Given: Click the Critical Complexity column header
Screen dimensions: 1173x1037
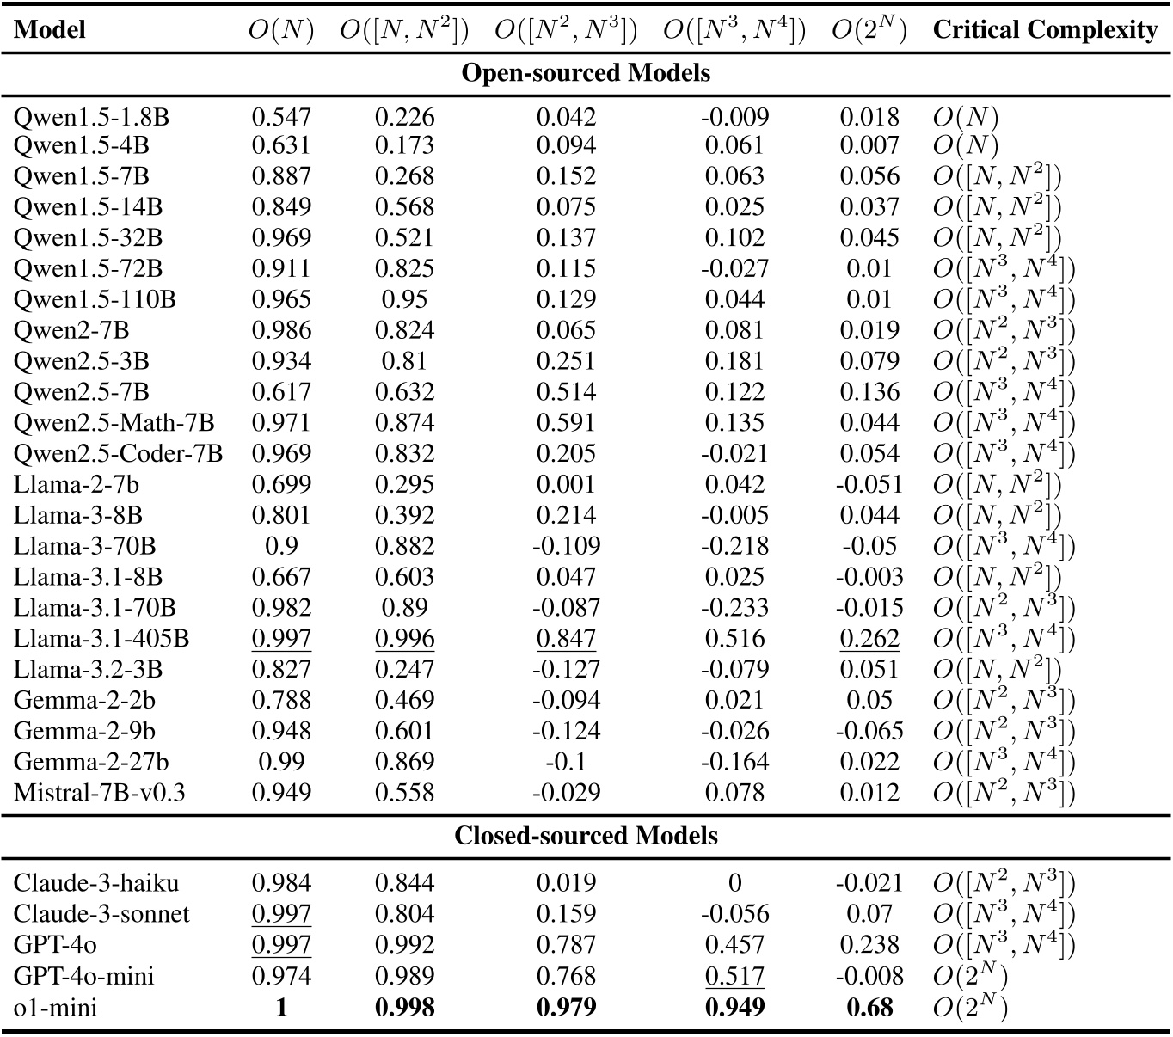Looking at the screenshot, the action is pos(1045,30).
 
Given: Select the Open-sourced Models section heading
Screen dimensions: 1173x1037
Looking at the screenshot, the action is pos(586,72).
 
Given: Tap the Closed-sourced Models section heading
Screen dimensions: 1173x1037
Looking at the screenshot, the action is pos(586,836).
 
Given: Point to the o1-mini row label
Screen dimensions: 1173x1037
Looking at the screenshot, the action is pos(55,1006).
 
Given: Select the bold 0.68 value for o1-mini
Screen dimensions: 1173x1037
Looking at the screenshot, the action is pos(869,1006).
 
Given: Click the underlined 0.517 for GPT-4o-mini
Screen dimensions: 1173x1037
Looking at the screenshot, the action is pos(734,975).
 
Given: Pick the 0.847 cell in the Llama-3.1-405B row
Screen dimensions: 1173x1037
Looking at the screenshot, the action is pos(566,638).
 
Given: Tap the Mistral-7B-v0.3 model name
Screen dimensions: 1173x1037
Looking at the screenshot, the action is pos(100,792).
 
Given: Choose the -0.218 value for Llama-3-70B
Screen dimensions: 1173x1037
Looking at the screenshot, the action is pos(734,546).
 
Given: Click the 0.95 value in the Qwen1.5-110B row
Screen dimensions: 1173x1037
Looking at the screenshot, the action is pos(404,299).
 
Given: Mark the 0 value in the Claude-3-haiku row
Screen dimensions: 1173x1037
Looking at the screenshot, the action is pos(734,883).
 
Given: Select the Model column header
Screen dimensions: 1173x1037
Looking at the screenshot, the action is pos(51,30).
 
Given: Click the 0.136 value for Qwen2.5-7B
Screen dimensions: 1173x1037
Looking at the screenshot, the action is pos(869,392).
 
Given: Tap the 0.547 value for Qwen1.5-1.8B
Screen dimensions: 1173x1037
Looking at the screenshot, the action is pos(281,117).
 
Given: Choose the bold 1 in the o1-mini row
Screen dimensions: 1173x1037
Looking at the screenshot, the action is pos(281,1006).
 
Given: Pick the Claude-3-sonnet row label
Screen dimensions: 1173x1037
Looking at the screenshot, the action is pos(101,913).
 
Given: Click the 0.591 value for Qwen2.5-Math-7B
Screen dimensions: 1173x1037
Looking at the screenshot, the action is pos(566,422).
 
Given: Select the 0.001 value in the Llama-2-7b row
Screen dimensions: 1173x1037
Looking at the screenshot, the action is pos(566,484).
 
